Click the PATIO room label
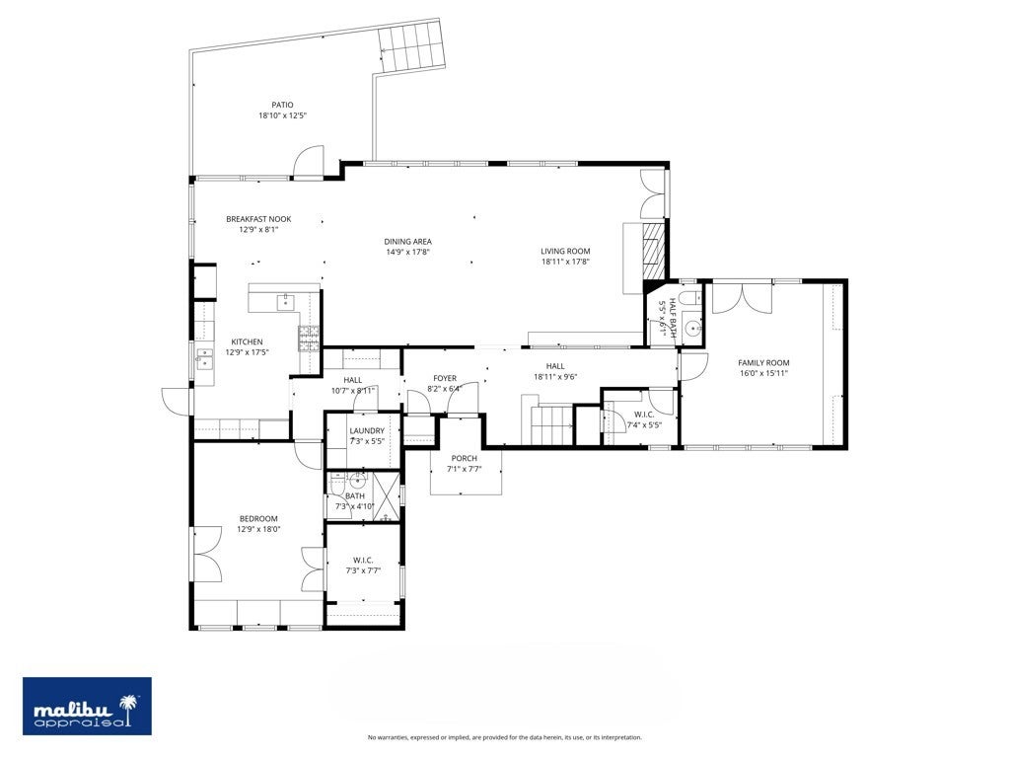282,105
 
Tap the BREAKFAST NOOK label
258,219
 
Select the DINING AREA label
407,241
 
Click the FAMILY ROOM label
763,363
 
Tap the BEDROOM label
258,518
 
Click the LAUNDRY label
367,430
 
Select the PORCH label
465,458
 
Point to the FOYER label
445,378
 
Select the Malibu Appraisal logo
87,707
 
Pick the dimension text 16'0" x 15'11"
763,373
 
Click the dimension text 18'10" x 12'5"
282,115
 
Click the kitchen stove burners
310,339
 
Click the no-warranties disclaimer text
504,737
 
